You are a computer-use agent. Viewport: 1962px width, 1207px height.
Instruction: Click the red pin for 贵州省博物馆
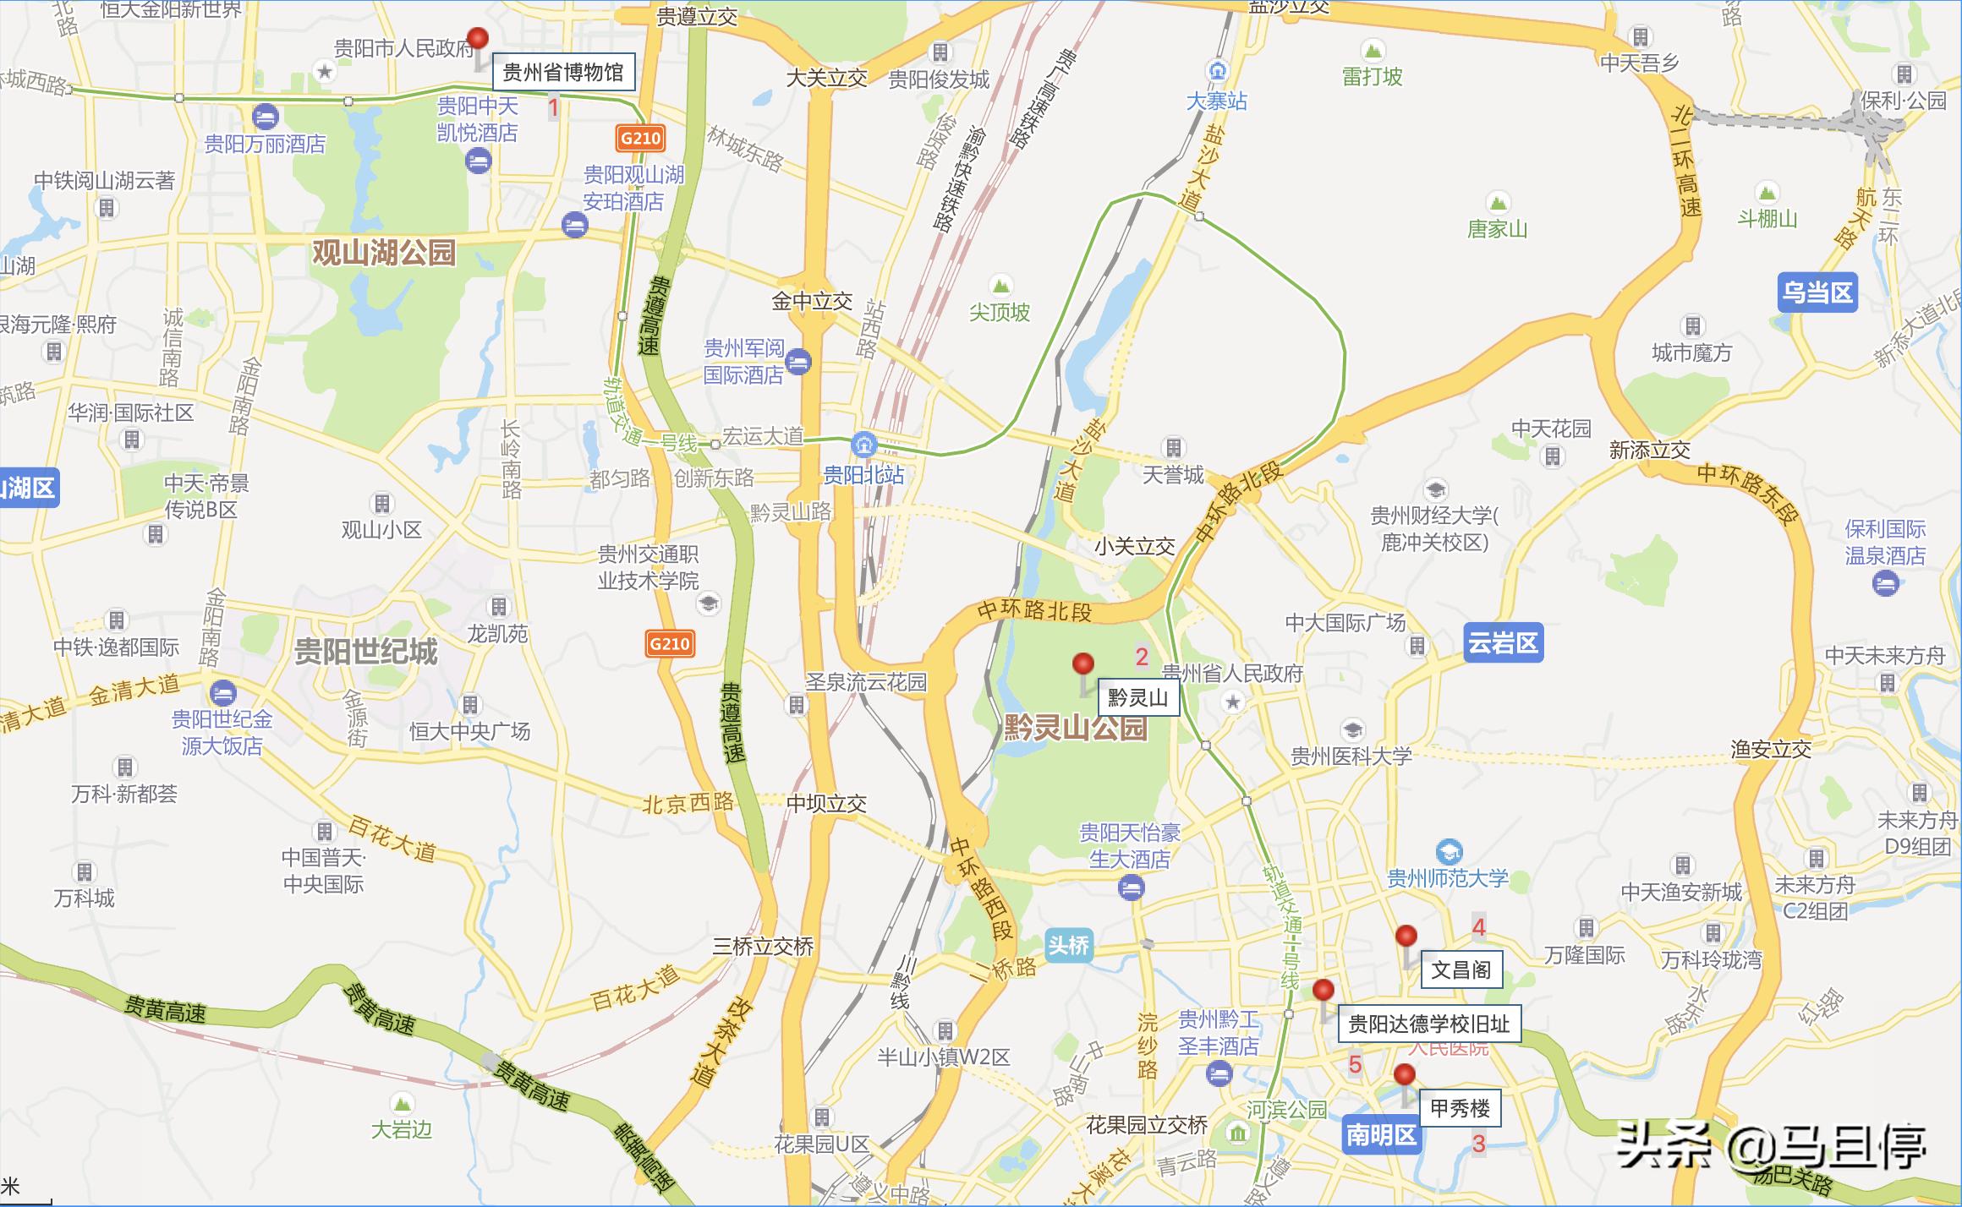[x=479, y=39]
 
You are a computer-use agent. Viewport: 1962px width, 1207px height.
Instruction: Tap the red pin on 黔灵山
[x=1082, y=664]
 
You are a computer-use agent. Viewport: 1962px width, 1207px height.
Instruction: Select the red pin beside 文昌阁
[x=1406, y=937]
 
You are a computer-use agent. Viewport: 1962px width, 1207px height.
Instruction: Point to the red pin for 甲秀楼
[x=1404, y=1075]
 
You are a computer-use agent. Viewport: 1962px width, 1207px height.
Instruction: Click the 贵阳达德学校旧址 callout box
[x=1428, y=1024]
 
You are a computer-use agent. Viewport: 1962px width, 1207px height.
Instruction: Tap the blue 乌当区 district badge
[x=1817, y=292]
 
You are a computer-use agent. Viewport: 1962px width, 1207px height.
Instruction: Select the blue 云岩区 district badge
[x=1502, y=643]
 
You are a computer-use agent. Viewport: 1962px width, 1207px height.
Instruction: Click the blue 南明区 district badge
[x=1381, y=1134]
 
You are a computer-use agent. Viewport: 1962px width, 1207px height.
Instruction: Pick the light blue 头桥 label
[x=1068, y=945]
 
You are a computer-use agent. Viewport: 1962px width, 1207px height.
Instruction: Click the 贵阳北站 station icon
[x=864, y=442]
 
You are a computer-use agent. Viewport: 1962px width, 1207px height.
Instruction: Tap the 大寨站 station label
[x=1216, y=101]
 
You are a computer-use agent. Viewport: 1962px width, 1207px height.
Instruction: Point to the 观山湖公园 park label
[x=384, y=252]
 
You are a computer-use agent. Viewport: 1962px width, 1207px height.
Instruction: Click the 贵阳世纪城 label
[x=365, y=652]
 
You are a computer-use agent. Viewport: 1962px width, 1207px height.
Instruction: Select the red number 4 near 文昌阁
[x=1478, y=927]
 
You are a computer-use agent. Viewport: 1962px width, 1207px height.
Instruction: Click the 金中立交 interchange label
[x=811, y=302]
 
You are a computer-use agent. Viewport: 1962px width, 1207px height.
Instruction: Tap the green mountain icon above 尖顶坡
[x=1001, y=284]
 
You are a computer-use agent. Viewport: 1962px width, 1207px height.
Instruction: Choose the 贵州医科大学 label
[x=1351, y=756]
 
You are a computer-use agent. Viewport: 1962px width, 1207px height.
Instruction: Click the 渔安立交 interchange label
[x=1770, y=749]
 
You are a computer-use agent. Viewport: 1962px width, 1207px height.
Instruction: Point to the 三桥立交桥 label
[x=762, y=947]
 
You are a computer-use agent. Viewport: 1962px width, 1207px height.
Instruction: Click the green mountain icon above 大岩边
[x=402, y=1102]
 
